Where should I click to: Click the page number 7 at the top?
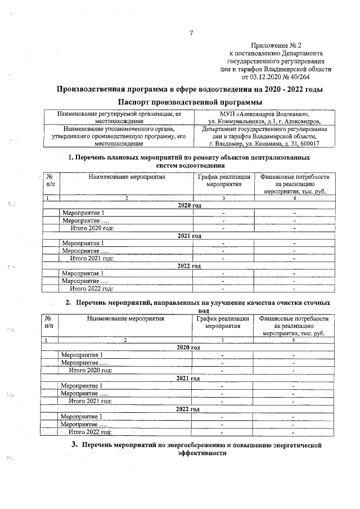pos(191,33)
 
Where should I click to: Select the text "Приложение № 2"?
pos(276,45)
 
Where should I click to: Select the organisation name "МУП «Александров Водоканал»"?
pos(264,114)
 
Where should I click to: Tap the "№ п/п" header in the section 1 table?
pos(50,181)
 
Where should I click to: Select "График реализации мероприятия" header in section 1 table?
pos(223,181)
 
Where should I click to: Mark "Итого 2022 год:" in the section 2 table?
pos(90,432)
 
